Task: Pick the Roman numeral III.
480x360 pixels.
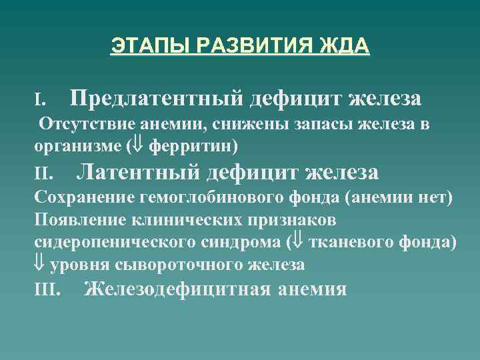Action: [47, 289]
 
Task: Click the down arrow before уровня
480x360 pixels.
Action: [40, 265]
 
